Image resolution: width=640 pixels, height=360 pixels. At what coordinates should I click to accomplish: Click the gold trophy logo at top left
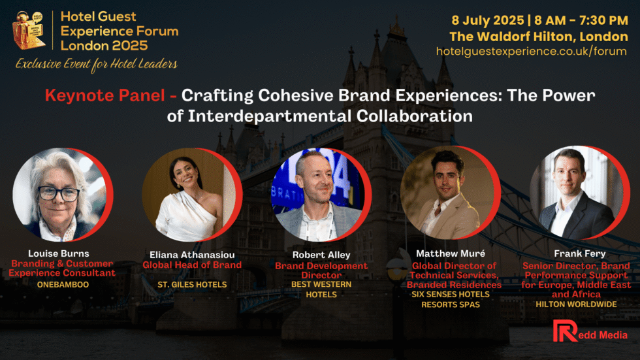tap(29, 30)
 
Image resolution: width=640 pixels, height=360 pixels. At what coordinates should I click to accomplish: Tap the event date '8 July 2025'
tap(487, 20)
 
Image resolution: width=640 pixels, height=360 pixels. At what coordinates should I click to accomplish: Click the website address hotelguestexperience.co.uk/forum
tap(532, 52)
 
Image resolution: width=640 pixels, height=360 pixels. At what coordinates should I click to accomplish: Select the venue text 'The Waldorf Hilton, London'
tap(539, 37)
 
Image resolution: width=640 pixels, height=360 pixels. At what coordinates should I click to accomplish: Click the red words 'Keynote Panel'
tap(105, 95)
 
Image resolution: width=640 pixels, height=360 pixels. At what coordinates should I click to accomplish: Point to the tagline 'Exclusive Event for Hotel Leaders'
tap(97, 64)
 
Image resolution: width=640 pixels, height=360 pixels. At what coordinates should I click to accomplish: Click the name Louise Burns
tap(58, 254)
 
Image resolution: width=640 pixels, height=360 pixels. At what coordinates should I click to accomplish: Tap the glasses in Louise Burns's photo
tap(58, 193)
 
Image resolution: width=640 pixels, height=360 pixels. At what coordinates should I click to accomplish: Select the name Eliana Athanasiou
tap(192, 255)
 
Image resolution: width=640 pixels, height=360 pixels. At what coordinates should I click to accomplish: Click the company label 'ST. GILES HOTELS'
tap(192, 284)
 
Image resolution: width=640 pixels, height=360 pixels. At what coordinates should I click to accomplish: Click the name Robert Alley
tap(321, 255)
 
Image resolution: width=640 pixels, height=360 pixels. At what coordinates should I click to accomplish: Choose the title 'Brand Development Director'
tap(321, 270)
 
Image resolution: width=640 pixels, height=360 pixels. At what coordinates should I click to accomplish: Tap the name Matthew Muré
tap(451, 254)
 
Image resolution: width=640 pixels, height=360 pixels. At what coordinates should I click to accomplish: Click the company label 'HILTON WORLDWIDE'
tap(576, 304)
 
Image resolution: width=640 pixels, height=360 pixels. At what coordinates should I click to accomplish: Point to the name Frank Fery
tap(580, 254)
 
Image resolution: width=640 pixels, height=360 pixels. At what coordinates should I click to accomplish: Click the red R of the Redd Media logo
tap(565, 331)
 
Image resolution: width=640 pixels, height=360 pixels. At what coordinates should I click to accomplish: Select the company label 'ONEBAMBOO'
tap(63, 284)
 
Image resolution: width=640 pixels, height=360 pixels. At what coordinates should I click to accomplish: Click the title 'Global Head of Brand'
tap(192, 265)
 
